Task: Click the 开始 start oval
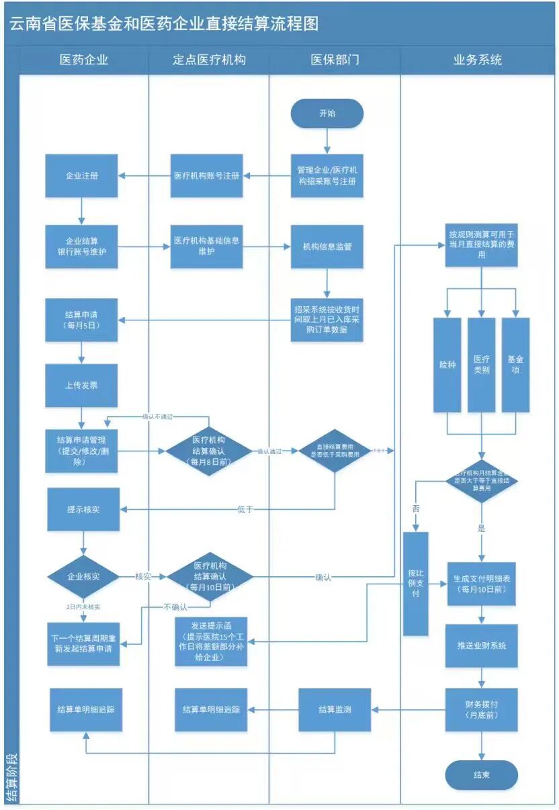[x=327, y=114]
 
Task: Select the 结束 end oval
[x=481, y=774]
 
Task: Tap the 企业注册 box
[x=82, y=176]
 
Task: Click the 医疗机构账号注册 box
[x=206, y=176]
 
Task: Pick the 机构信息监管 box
[x=327, y=246]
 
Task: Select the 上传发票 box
[x=82, y=386]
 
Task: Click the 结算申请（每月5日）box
[x=82, y=320]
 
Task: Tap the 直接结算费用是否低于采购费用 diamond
[x=335, y=450]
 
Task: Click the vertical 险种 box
[x=447, y=365]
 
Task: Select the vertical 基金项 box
[x=515, y=365]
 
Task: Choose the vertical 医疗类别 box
[x=481, y=365]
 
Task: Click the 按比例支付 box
[x=415, y=584]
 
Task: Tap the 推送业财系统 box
[x=481, y=645]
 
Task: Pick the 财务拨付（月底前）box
[x=481, y=710]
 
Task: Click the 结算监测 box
[x=335, y=709]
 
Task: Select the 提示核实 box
[x=83, y=510]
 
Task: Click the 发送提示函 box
[x=211, y=641]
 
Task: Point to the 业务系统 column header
[x=478, y=60]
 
